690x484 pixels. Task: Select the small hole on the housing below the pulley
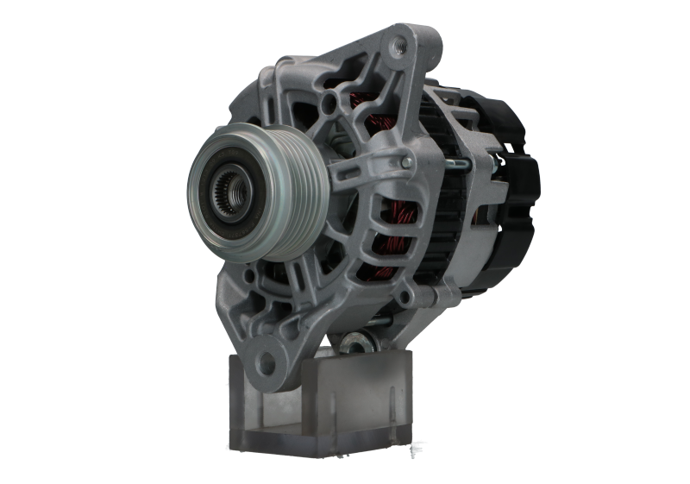click(249, 276)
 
